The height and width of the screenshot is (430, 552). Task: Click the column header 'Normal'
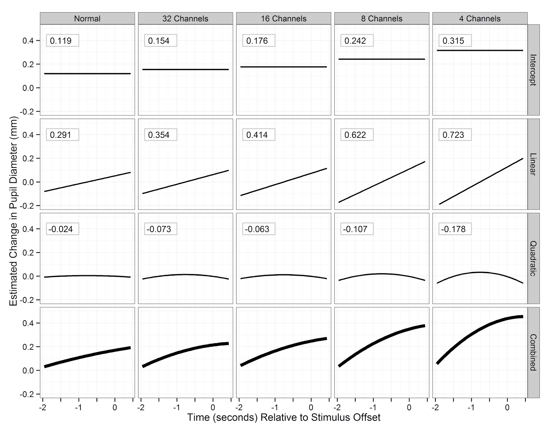coord(87,19)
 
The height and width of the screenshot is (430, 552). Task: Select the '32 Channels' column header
coord(185,19)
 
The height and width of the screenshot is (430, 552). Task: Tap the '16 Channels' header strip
coord(284,19)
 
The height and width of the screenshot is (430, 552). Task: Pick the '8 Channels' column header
coord(382,19)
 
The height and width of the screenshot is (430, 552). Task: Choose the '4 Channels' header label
coord(480,19)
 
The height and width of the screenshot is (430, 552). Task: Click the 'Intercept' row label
coord(533,70)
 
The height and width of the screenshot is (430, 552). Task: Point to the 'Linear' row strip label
coord(533,164)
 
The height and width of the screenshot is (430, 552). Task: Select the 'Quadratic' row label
coord(533,258)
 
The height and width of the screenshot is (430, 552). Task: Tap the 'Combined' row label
coord(533,352)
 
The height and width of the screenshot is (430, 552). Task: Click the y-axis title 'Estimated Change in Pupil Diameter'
coord(13,211)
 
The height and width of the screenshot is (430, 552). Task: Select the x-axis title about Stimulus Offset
coord(284,417)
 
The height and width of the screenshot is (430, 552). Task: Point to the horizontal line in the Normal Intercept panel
coord(87,74)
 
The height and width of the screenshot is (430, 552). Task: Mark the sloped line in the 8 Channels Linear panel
coord(382,182)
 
